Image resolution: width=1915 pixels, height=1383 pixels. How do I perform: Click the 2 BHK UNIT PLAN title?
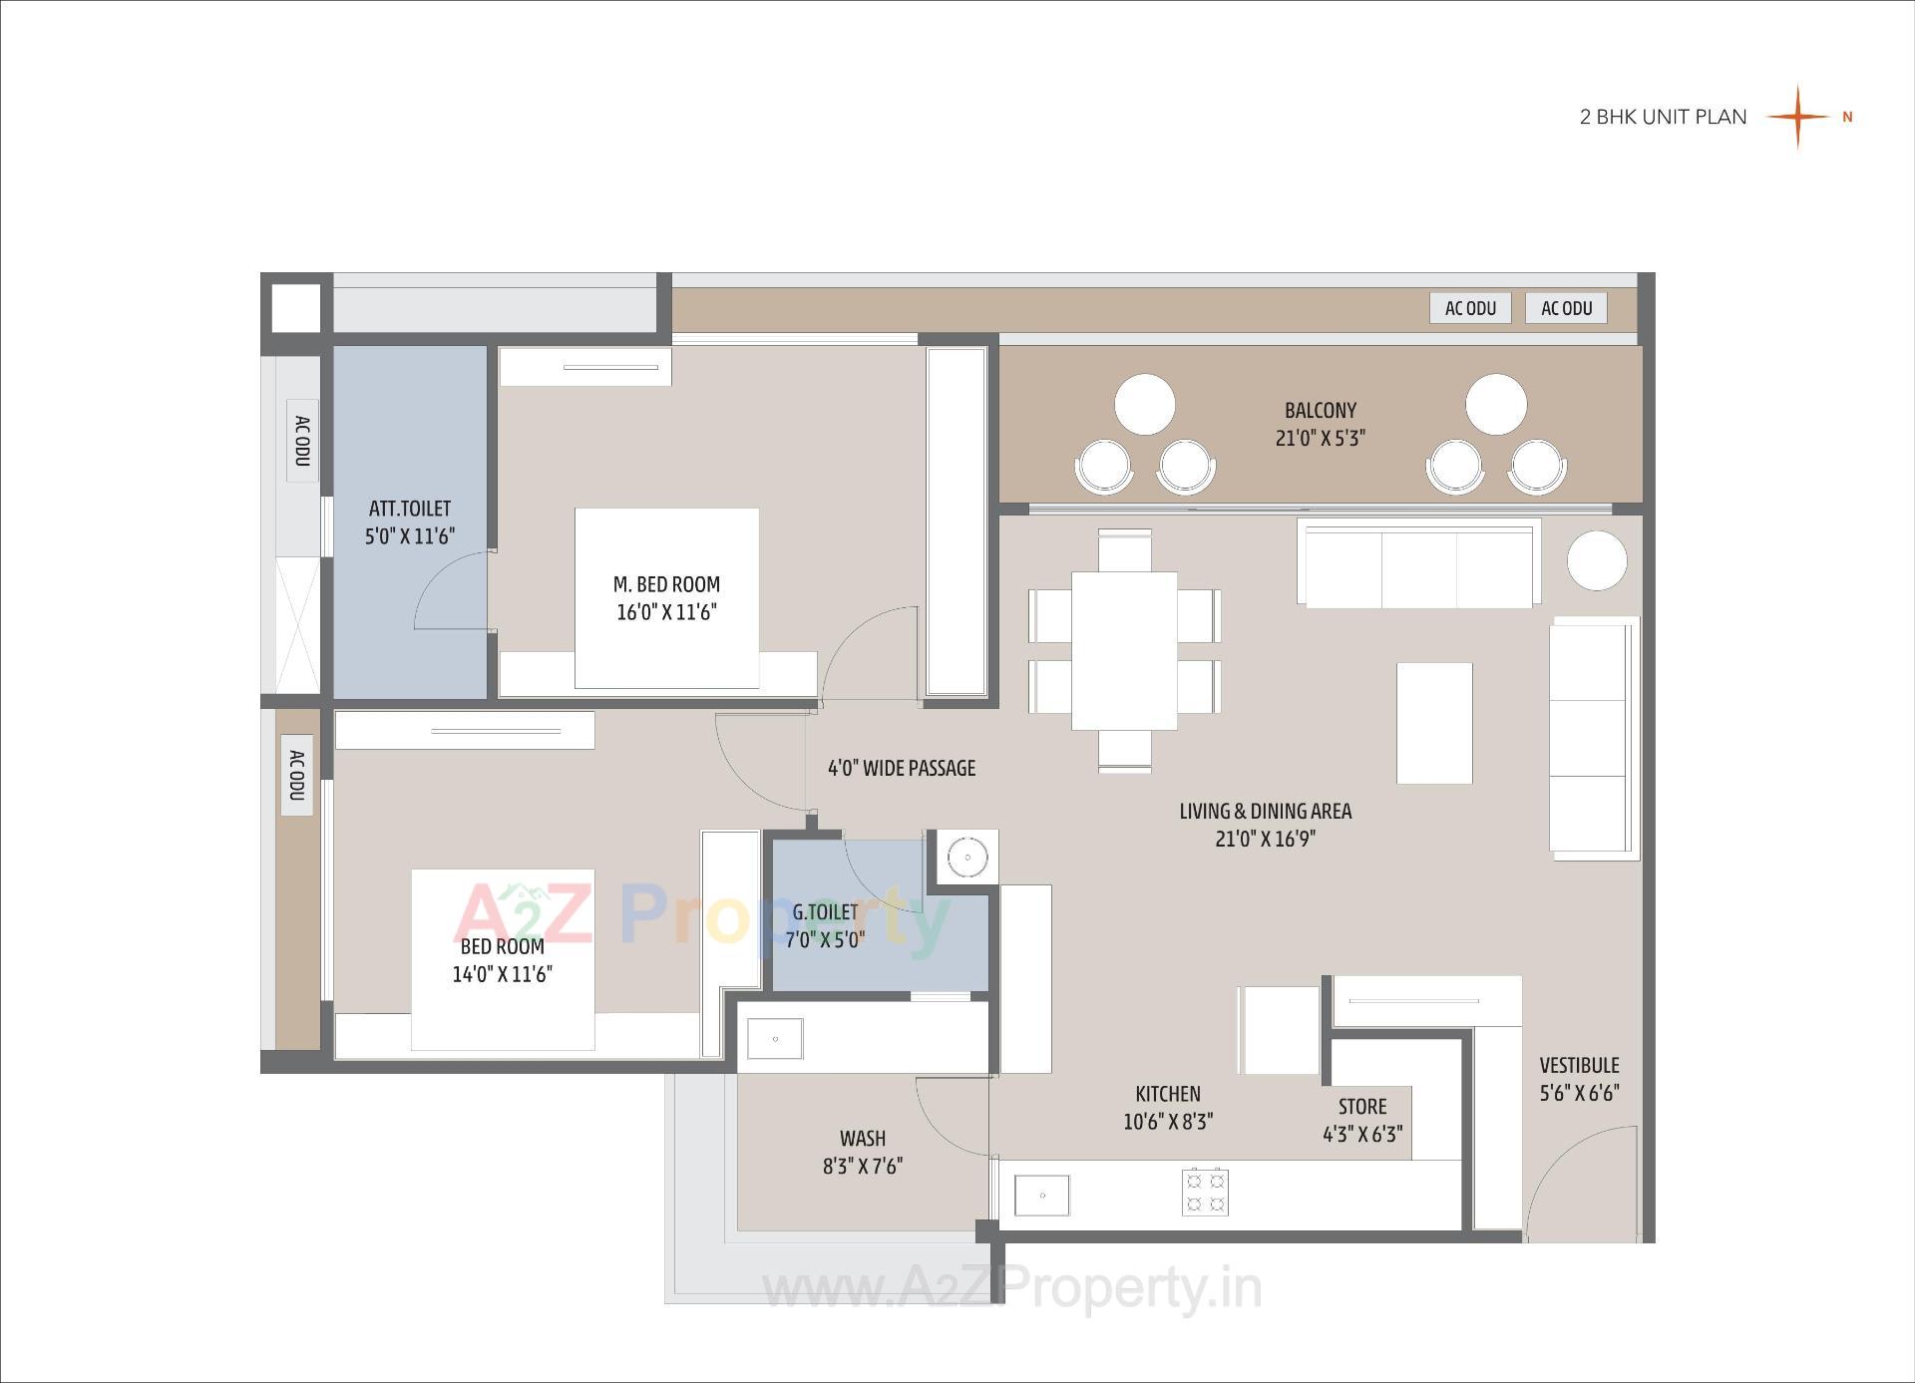(1663, 117)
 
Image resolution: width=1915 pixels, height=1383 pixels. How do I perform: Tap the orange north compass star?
(1797, 117)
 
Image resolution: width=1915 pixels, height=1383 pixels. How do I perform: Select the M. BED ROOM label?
(666, 585)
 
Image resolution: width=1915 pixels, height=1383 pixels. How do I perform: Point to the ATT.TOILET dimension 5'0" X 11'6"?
(409, 536)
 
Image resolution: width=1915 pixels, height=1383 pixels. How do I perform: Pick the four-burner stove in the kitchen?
(1204, 1193)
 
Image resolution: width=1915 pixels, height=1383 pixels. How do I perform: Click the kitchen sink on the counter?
(1041, 1195)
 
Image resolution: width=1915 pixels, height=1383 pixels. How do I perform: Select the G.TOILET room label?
(825, 912)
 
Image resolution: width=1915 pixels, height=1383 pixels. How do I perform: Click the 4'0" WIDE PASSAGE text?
(901, 768)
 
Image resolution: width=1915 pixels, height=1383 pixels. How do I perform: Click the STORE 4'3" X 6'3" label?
(1361, 1120)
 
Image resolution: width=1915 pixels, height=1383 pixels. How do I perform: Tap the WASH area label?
(862, 1139)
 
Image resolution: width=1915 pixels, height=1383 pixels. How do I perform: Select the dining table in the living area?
(1124, 650)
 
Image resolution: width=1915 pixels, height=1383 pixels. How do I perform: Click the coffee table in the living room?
(1434, 723)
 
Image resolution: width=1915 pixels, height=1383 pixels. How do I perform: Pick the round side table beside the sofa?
(1597, 560)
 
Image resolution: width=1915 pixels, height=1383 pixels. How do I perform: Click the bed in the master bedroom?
(666, 598)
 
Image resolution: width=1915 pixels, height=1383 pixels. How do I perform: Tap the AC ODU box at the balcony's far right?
(1566, 308)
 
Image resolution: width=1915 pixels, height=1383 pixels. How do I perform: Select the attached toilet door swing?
(449, 593)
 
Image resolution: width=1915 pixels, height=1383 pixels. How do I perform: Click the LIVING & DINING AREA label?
(1265, 812)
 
